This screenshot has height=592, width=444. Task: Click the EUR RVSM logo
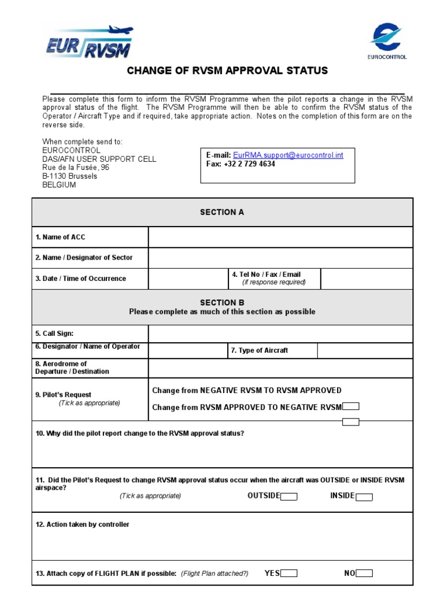point(90,42)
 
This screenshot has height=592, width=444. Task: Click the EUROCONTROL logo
point(387,41)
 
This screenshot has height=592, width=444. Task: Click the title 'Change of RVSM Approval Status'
point(227,71)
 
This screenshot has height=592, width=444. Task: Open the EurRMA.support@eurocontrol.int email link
point(288,155)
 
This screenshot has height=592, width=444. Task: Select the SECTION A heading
point(222,212)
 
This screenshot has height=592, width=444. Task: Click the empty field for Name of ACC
point(280,237)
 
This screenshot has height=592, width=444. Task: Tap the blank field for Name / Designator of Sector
point(280,258)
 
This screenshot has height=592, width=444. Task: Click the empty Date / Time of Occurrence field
point(188,279)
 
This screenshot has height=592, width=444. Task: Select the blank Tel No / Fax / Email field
point(367,279)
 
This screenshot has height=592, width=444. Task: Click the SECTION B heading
point(222,302)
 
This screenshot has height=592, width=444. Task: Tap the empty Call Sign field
point(280,334)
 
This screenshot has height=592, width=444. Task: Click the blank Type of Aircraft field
point(365,350)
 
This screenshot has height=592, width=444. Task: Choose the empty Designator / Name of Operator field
point(188,350)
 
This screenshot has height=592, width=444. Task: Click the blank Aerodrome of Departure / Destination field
point(280,368)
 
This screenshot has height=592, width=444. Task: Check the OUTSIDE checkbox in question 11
point(289,497)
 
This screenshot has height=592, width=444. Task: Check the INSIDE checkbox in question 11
point(364,497)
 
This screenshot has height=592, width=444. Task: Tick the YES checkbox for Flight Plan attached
point(289,573)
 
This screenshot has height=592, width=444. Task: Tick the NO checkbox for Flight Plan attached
point(364,573)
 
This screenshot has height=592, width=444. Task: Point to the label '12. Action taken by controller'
point(82,525)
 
